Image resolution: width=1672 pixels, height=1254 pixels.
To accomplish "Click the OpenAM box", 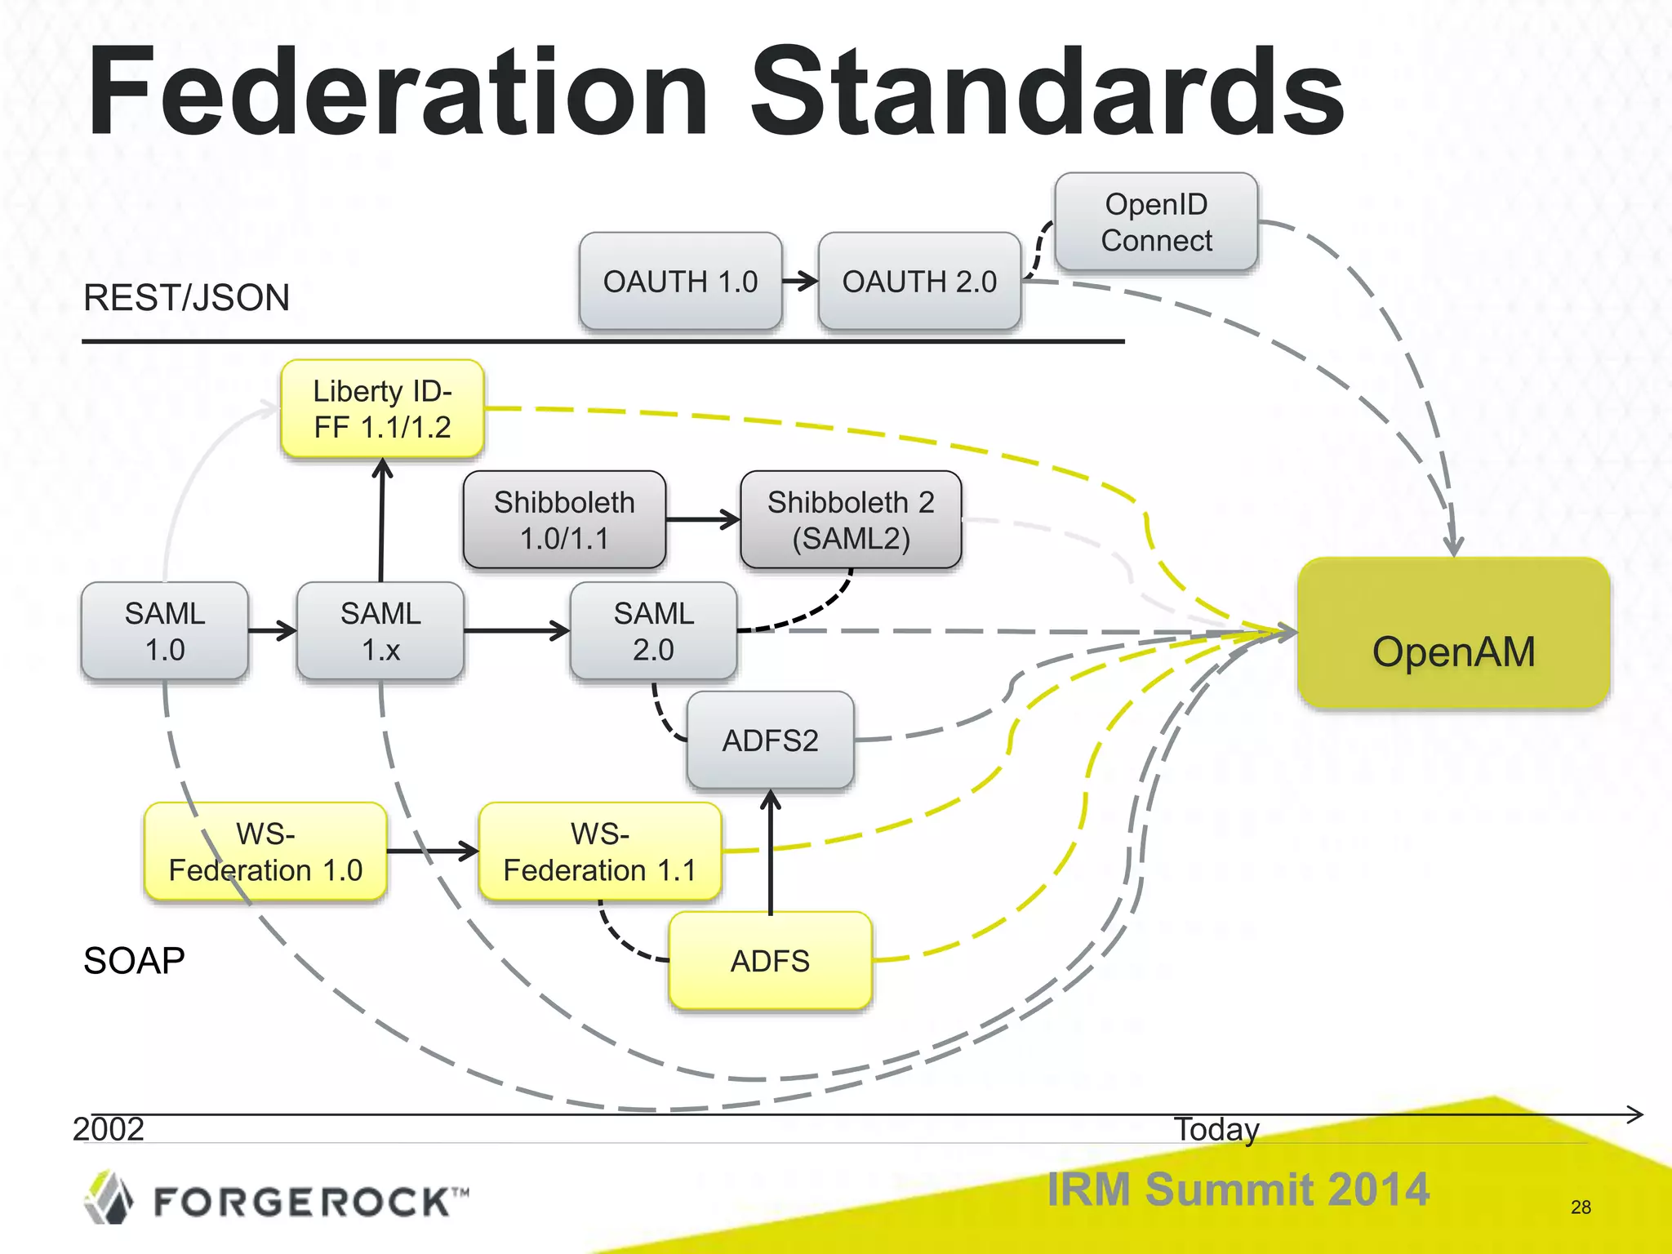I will (1453, 634).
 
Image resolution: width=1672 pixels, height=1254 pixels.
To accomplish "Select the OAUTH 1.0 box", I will (680, 282).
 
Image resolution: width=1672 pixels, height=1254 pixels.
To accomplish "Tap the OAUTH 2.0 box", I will (919, 282).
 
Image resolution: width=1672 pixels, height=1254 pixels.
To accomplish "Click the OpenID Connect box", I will (1156, 222).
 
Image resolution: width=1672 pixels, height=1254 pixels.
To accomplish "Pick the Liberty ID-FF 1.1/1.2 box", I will (382, 409).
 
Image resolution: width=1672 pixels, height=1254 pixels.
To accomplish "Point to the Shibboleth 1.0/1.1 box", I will (564, 520).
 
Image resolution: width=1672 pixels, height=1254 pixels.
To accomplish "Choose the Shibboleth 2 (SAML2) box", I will (851, 520).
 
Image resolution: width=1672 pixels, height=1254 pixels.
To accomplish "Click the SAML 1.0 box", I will (165, 631).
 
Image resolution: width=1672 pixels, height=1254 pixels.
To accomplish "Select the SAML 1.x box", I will (380, 631).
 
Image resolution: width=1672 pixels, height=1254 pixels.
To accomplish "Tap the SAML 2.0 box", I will (653, 631).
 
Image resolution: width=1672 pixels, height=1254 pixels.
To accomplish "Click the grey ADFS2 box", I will (770, 740).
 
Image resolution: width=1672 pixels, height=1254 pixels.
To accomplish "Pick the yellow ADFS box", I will (770, 961).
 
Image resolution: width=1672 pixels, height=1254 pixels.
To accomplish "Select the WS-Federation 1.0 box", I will (265, 852).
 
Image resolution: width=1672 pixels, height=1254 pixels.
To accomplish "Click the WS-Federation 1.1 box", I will (600, 852).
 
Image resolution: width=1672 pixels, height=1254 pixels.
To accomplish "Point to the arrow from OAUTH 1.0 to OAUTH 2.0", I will (800, 282).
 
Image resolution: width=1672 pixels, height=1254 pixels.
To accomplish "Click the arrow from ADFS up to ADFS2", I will (771, 853).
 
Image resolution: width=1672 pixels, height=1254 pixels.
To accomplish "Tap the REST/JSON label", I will (186, 298).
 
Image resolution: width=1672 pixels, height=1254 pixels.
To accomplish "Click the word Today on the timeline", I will (1216, 1129).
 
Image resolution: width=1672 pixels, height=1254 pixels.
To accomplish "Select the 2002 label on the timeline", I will (109, 1129).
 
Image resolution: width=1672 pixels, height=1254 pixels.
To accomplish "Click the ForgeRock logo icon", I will (109, 1198).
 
